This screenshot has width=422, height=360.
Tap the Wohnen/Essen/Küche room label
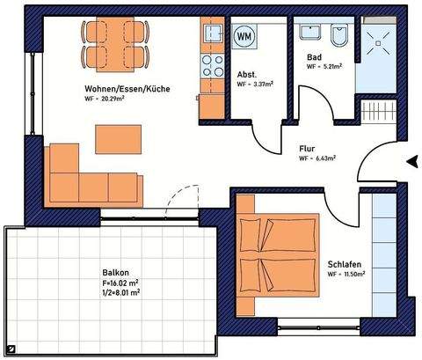click(127, 90)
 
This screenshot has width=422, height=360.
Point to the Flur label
click(307, 149)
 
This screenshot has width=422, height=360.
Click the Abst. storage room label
click(248, 74)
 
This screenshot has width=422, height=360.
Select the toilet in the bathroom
click(339, 38)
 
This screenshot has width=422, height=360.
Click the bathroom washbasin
click(310, 33)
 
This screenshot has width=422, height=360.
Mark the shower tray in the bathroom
click(379, 42)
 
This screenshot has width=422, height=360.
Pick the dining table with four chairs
click(114, 45)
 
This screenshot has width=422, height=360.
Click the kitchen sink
click(213, 34)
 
